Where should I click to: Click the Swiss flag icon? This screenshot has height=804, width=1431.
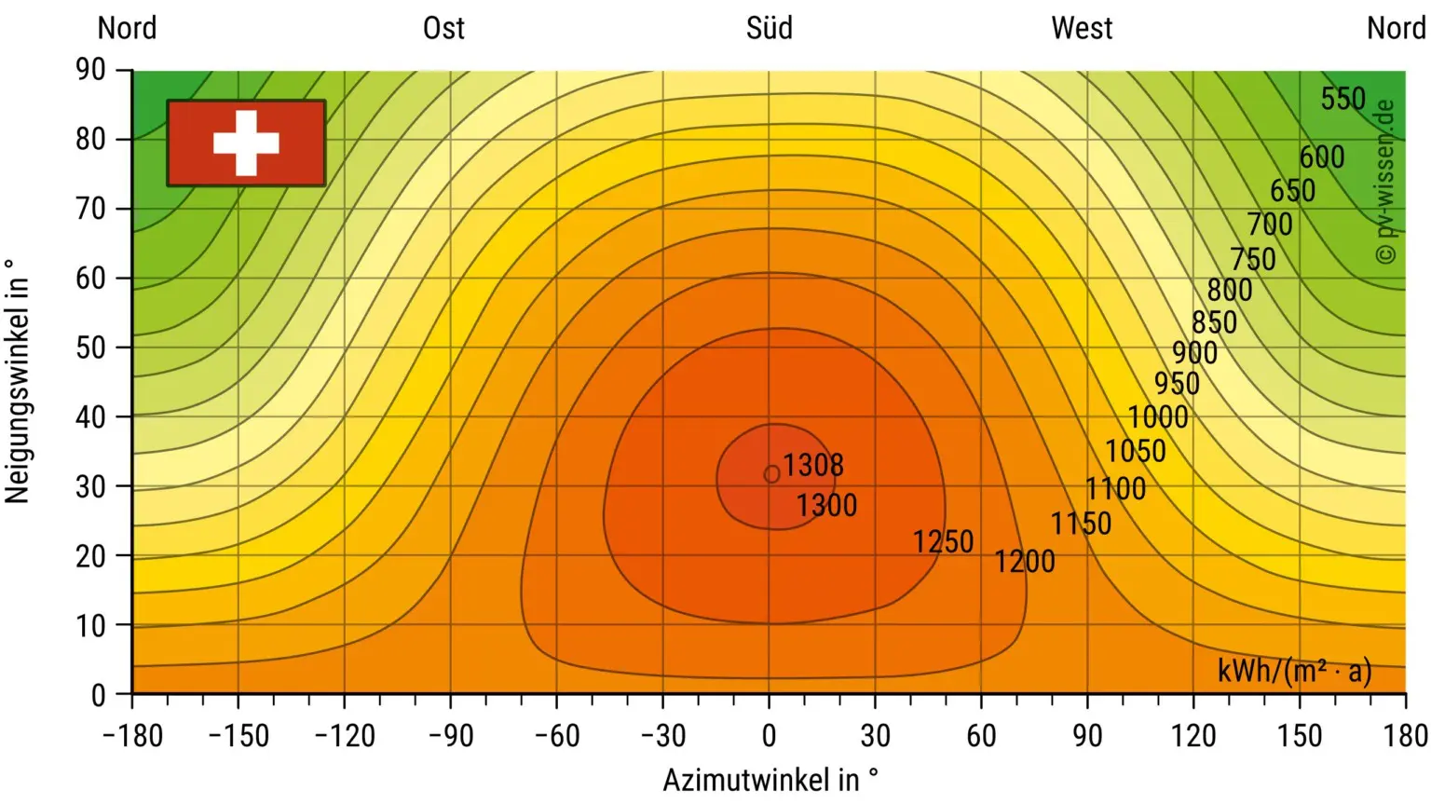(246, 143)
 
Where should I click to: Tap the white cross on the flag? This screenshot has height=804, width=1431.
(246, 143)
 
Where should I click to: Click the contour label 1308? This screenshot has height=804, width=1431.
(813, 465)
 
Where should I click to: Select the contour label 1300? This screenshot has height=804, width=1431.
(826, 506)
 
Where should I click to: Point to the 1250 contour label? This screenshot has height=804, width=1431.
(943, 541)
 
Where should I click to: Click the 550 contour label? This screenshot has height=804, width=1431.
(1342, 99)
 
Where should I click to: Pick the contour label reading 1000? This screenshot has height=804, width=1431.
(1158, 416)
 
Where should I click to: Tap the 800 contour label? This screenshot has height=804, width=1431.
(1230, 291)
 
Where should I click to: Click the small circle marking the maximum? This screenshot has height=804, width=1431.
(771, 475)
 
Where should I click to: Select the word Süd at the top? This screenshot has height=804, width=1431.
(769, 28)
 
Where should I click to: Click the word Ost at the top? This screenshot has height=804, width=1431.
(443, 28)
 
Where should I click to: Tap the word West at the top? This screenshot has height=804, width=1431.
(1082, 28)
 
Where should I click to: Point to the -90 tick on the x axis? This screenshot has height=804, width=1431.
(451, 736)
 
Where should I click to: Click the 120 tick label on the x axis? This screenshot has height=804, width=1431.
(1193, 736)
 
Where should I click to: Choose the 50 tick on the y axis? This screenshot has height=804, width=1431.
(90, 347)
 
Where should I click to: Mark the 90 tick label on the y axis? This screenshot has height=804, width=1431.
(90, 70)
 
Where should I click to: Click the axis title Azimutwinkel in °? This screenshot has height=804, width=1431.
(770, 780)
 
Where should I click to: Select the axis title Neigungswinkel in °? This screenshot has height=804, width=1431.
(18, 382)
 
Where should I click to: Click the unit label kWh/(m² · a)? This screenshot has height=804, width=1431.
(1294, 671)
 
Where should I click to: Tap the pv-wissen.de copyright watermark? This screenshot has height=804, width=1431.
(1385, 182)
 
